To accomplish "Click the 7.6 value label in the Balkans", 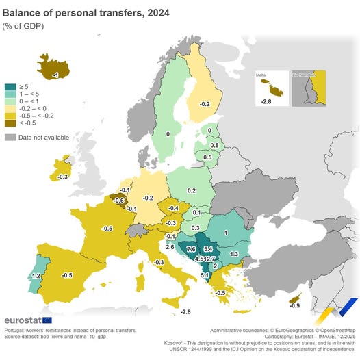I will coord(191,249).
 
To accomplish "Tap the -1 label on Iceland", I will coord(55,74).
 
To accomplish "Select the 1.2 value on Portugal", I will coord(36,275).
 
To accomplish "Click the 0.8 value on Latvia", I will coord(214,145).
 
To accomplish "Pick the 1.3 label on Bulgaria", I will coord(234,254).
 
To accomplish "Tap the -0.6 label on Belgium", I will coord(119,200).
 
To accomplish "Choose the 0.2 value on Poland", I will coord(192,190).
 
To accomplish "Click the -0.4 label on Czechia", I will coord(174,208).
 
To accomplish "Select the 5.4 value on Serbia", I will coord(208,248).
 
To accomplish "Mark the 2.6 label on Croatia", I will coord(170,246).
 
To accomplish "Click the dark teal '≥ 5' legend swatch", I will coord(10,87).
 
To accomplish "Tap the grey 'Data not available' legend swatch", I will coord(10,138).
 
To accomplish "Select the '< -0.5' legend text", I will coord(29,124).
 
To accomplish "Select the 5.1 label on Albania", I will coord(205,275).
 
